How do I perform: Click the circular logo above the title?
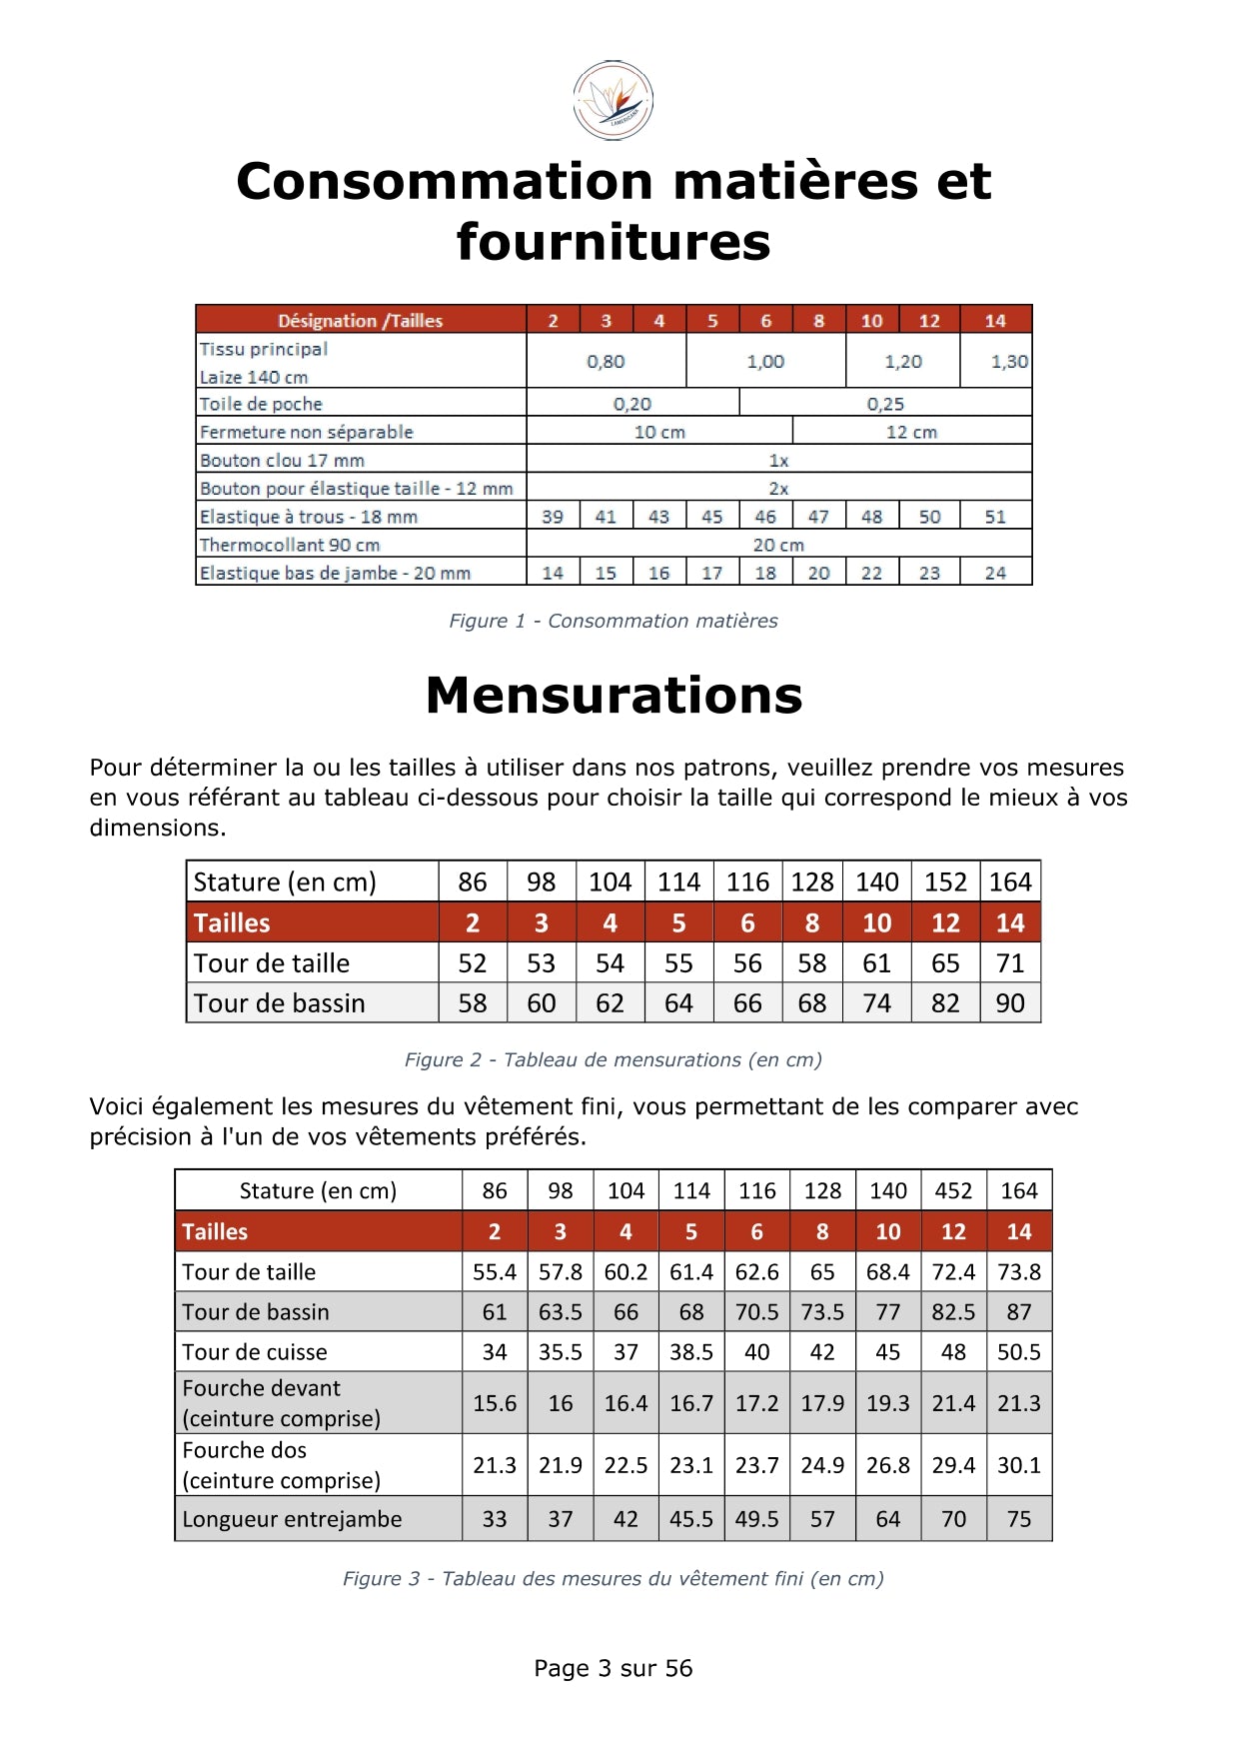point(613,100)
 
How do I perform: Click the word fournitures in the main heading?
point(613,242)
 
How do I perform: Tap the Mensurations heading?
point(614,695)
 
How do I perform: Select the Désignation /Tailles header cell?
point(360,320)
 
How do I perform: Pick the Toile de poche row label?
point(262,404)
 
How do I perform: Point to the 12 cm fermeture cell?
point(911,432)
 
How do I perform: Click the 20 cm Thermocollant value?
point(778,545)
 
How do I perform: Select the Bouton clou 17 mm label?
point(282,460)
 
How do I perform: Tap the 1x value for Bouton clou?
point(778,461)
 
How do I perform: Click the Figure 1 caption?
point(613,621)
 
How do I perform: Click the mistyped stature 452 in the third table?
point(953,1190)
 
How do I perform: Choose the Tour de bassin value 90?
point(1009,1003)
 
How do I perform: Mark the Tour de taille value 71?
point(1009,963)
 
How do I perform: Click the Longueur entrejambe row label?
point(292,1519)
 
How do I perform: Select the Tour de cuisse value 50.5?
point(1018,1352)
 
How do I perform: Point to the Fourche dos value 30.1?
point(1018,1465)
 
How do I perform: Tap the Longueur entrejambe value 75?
point(1018,1519)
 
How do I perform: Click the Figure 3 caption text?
point(613,1578)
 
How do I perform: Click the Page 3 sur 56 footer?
point(613,1668)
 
